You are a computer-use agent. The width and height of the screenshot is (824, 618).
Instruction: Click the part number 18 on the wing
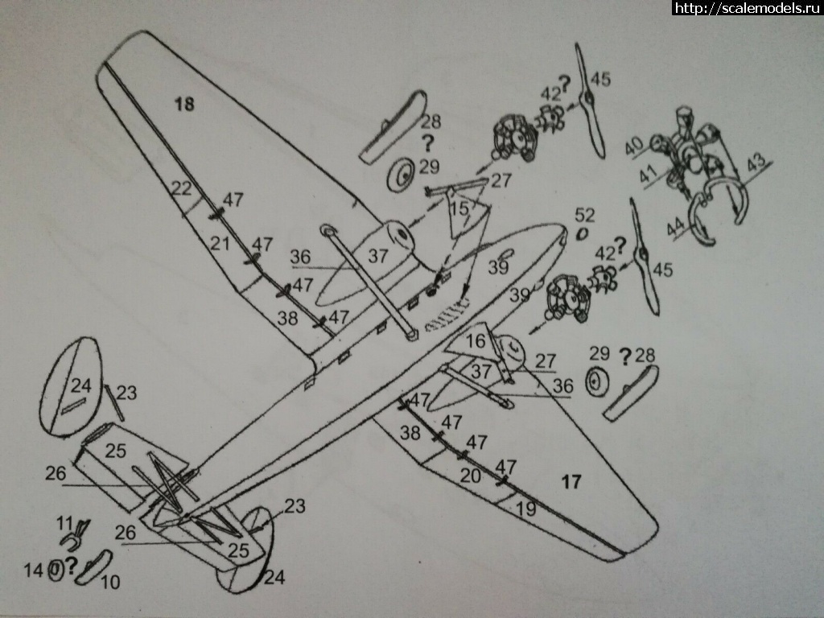tap(184, 104)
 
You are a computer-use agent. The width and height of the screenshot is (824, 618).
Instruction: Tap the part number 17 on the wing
tap(571, 482)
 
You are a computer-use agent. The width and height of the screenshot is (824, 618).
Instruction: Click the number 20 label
tap(471, 476)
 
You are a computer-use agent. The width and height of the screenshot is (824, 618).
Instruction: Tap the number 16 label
tap(476, 341)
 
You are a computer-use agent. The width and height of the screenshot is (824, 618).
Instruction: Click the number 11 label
tap(64, 522)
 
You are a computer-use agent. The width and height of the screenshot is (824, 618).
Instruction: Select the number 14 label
tap(33, 571)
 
